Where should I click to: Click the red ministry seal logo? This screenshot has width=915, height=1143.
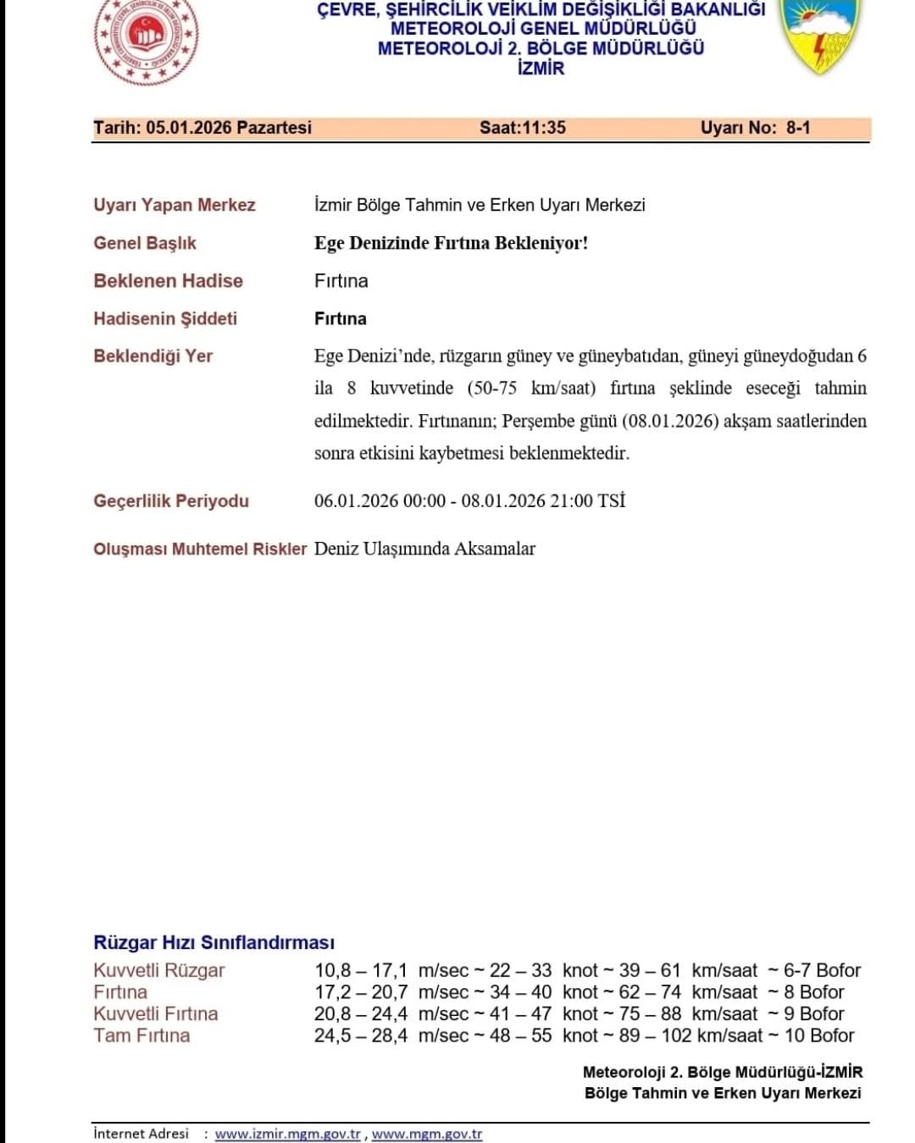(146, 38)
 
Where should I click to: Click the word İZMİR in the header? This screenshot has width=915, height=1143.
(541, 69)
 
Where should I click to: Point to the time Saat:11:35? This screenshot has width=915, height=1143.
(522, 128)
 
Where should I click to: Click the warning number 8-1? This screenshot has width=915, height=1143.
(798, 128)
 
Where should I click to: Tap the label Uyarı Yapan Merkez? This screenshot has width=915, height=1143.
(174, 205)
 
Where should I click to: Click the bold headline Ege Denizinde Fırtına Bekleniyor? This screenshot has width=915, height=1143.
(451, 243)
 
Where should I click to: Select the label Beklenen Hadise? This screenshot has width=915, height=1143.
(168, 281)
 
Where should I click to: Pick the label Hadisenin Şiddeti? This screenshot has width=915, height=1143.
(165, 318)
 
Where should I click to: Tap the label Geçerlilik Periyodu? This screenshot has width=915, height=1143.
(171, 501)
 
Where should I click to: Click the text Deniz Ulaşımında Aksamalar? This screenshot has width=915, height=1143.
(424, 549)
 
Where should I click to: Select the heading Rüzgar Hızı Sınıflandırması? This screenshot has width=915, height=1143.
(213, 942)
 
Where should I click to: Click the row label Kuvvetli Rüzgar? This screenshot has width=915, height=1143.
(159, 970)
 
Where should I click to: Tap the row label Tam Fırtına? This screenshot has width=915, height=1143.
(141, 1035)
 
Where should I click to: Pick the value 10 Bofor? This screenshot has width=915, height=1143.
(818, 1035)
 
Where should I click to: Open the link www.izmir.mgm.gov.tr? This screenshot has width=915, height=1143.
(288, 1134)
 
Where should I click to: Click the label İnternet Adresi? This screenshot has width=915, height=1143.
(141, 1134)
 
